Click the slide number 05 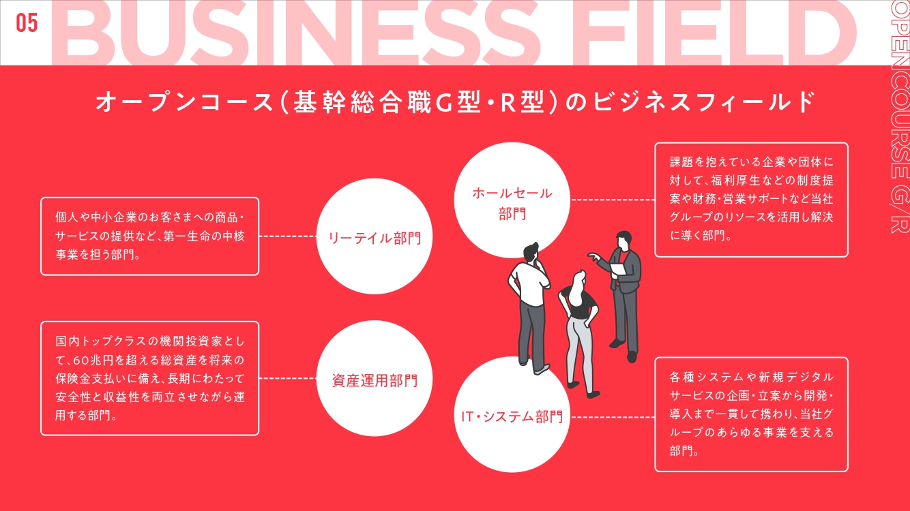coord(27,23)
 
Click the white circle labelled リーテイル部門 coord(374,236)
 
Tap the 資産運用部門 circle coord(374,379)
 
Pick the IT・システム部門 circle coord(512,416)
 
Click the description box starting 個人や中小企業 coord(149,236)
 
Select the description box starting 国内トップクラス coord(149,378)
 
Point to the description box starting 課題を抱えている coord(751,200)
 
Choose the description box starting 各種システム coord(751,414)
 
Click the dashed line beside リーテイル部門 coord(288,236)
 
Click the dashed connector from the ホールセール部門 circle coord(612,200)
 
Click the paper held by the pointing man coord(618,269)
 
